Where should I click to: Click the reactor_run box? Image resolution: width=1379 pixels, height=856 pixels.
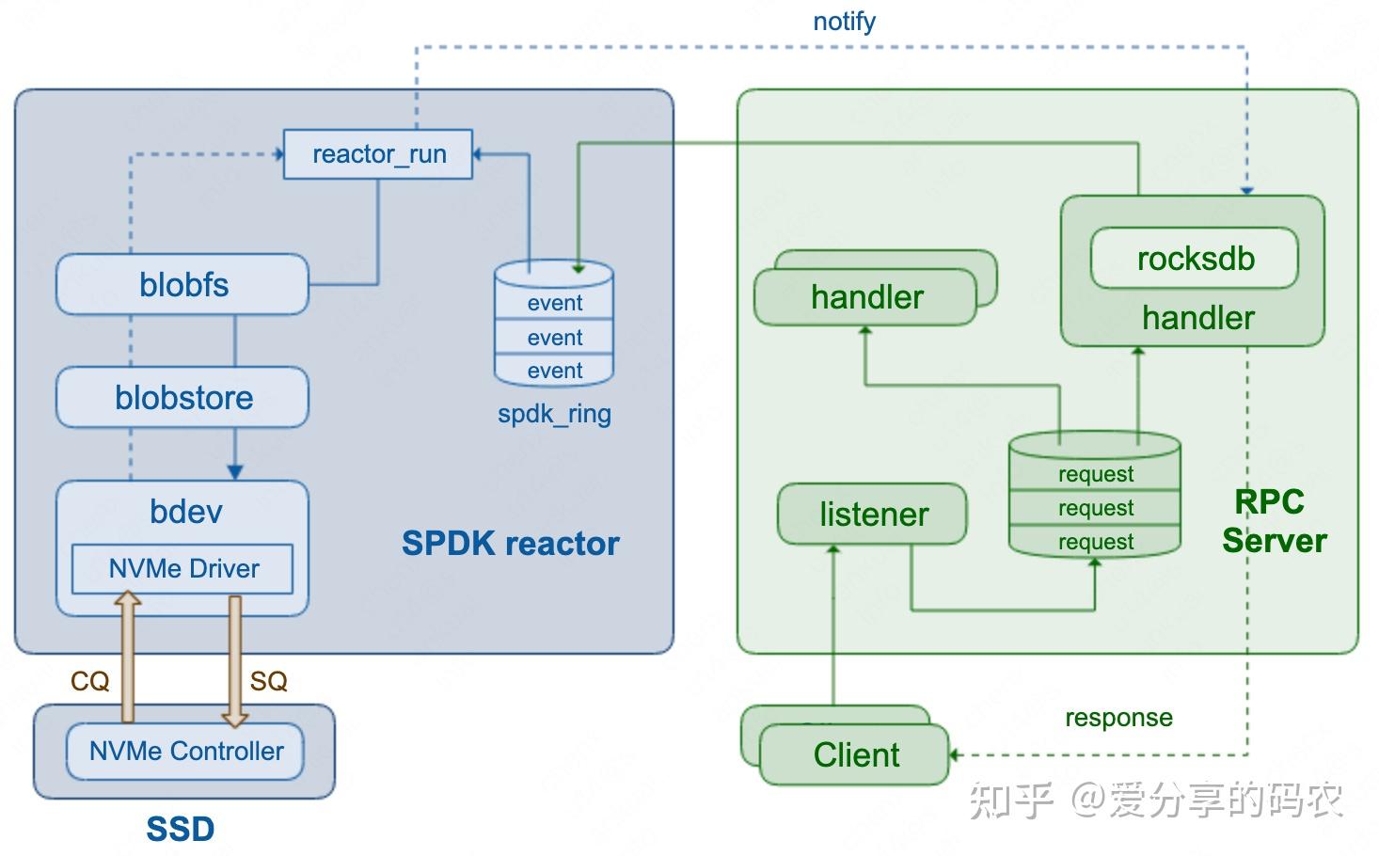pos(378,154)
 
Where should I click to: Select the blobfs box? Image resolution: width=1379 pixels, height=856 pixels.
pos(182,284)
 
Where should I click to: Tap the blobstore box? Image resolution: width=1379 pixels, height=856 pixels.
pos(182,397)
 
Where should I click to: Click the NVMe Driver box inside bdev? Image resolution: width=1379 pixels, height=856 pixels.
pos(182,568)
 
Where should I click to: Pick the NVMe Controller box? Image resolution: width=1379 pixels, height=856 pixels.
pos(185,751)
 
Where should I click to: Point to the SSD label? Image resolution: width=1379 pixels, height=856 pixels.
pos(180,829)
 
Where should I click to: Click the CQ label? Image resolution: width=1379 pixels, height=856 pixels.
pos(89,681)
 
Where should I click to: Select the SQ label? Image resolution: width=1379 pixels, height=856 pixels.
pos(268,681)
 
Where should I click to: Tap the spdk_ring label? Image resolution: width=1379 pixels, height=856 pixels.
pos(554,414)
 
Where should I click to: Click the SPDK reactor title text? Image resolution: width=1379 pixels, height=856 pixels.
pos(510,544)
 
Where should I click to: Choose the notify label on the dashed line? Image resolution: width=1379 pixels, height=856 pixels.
pos(844,21)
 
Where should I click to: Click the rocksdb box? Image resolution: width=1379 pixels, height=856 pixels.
pos(1195,259)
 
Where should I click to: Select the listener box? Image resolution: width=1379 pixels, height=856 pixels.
pos(872,514)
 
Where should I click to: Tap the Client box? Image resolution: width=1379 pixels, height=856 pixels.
pos(855,754)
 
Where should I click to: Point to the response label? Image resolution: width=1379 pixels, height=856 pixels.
pos(1118,718)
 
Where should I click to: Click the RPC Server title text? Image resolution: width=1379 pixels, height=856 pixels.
pos(1273,521)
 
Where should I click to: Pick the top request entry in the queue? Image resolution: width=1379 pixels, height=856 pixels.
pos(1095,474)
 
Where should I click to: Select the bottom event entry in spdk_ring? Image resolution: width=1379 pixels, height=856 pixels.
pos(554,371)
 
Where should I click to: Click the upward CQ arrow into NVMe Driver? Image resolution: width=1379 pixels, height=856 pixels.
pos(128,658)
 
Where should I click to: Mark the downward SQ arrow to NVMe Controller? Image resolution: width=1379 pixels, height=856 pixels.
pos(235,658)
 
